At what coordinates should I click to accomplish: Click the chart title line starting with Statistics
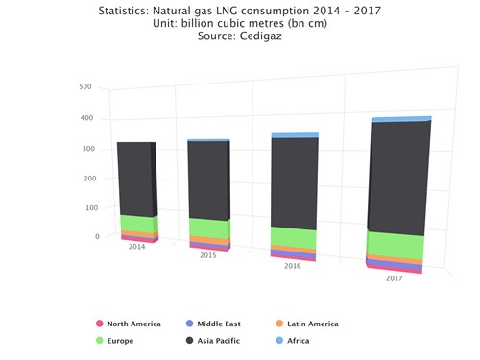pyautogui.click(x=238, y=11)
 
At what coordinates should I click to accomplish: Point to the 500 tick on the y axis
pyautogui.click(x=84, y=86)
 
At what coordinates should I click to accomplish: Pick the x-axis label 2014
pyautogui.click(x=137, y=246)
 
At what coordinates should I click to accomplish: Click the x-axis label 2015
pyautogui.click(x=208, y=255)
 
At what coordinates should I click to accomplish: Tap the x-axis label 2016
pyautogui.click(x=292, y=265)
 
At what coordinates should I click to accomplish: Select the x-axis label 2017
pyautogui.click(x=394, y=277)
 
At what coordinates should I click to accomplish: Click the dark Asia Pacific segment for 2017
pyautogui.click(x=398, y=178)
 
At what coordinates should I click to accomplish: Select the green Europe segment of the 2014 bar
pyautogui.click(x=136, y=224)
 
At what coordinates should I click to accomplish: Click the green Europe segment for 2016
pyautogui.click(x=293, y=238)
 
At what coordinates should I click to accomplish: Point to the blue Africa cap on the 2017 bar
pyautogui.click(x=401, y=119)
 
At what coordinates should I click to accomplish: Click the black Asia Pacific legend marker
pyautogui.click(x=190, y=340)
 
